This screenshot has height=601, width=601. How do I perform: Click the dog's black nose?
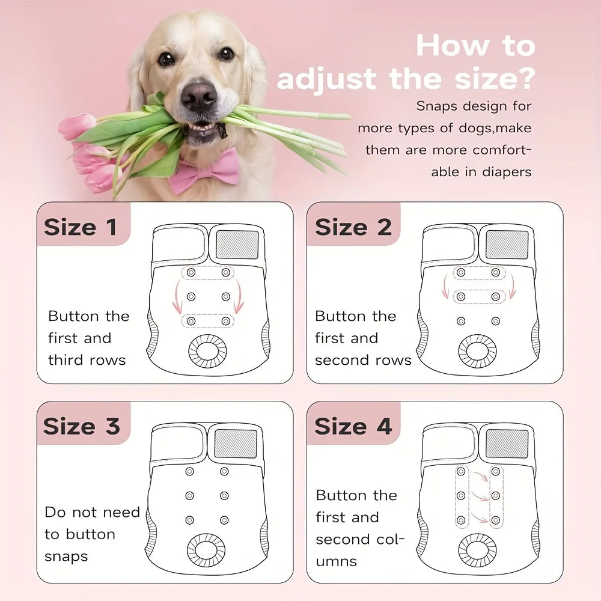pos(199,95)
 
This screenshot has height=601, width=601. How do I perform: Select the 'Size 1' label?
pos(80,227)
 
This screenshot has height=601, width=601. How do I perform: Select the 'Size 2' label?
pos(353,227)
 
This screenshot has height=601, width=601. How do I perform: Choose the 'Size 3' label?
pos(82,426)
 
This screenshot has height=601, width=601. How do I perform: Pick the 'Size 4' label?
pos(353,426)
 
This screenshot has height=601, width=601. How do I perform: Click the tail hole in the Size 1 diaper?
pos(207,352)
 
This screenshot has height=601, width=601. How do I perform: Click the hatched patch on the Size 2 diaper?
pos(507,245)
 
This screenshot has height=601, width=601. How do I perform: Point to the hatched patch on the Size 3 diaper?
pos(236,443)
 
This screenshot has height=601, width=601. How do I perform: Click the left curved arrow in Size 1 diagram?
pos(177,297)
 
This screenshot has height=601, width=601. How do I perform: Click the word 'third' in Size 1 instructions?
pos(67,360)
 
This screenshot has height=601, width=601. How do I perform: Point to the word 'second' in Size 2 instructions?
pos(342,360)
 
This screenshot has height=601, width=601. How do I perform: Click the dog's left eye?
pos(226,54)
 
